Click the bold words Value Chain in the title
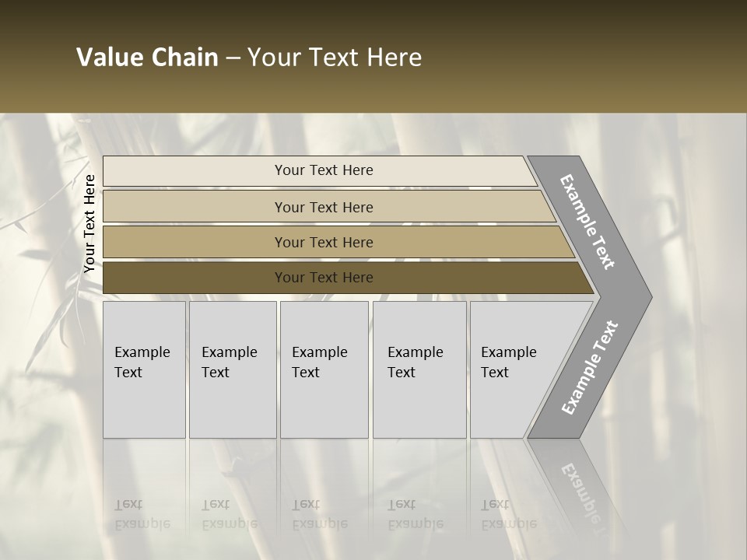[x=147, y=58]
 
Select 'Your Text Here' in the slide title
[x=335, y=58]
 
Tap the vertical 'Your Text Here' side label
[x=89, y=223]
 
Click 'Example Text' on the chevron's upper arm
[x=587, y=222]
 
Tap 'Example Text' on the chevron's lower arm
[x=589, y=368]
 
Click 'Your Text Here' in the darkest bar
[x=324, y=278]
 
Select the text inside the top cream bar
[x=324, y=170]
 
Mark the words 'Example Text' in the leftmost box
[x=142, y=362]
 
